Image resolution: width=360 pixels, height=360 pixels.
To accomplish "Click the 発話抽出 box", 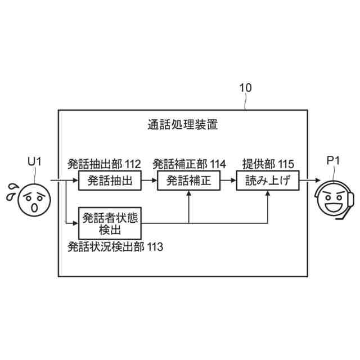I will (109, 181).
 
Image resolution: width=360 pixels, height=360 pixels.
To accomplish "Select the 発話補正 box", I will (188, 181).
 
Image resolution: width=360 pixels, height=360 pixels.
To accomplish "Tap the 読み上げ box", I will (268, 181).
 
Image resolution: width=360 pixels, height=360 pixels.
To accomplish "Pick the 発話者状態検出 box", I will (109, 223).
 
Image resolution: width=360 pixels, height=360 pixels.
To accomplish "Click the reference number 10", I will (245, 88).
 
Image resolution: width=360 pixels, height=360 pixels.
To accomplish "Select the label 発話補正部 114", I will (189, 164).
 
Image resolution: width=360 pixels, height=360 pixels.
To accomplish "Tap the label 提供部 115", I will (268, 164).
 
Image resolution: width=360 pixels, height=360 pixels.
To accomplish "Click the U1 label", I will (35, 162).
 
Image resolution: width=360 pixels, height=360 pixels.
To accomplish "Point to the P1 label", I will (334, 162).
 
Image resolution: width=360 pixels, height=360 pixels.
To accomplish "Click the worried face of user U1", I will (35, 200).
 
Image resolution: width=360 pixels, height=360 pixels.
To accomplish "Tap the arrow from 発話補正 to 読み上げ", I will (228, 181).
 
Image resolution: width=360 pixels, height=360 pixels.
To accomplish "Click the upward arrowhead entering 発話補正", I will (188, 195).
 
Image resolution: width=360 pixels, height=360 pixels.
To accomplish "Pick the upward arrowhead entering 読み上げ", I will (268, 195).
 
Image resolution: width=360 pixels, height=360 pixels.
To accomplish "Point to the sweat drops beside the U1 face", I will (11, 192).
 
